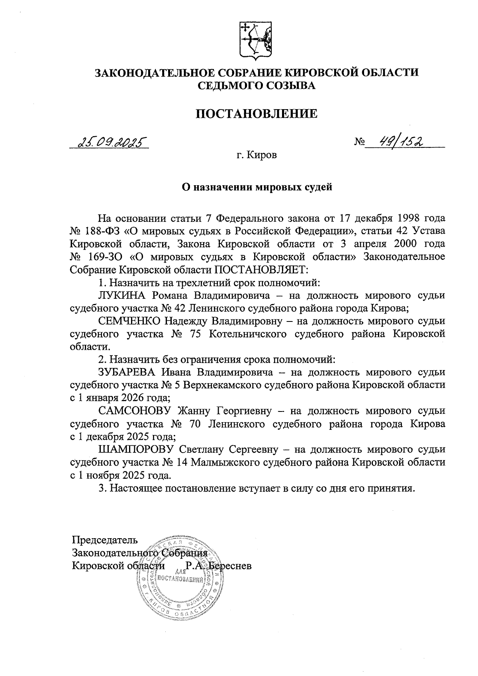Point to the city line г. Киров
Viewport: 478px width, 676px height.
click(x=256, y=155)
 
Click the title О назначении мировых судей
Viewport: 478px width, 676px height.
click(x=257, y=187)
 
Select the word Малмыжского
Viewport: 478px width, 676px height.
click(x=229, y=462)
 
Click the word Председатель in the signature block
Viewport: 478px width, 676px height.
click(x=105, y=540)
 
